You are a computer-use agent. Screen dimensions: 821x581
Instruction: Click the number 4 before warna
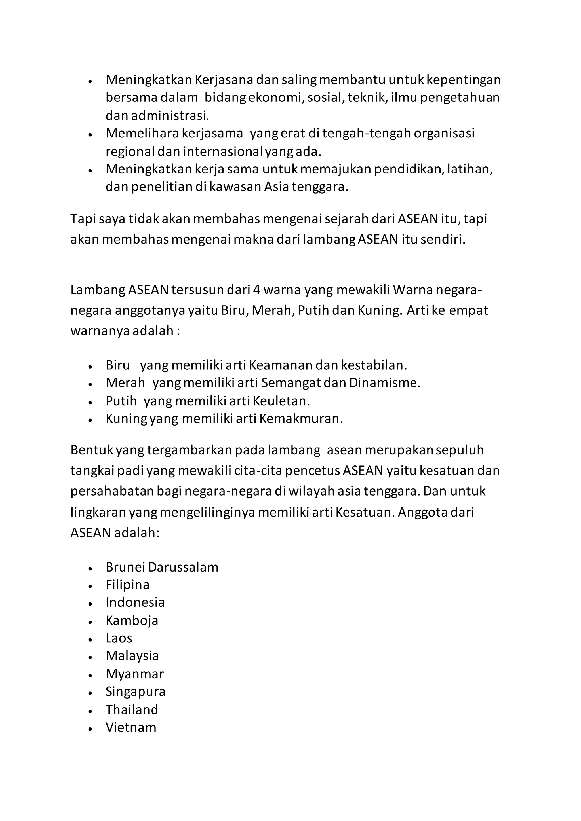256,290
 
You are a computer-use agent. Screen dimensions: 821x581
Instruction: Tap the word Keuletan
281,401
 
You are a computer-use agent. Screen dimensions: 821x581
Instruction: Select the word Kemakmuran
301,418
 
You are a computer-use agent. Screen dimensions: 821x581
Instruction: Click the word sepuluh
460,450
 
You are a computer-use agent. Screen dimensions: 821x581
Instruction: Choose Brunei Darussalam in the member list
162,567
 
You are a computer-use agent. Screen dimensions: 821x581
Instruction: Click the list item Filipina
127,585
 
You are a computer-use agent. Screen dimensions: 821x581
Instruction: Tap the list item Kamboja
132,620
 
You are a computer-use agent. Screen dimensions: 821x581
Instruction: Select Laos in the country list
119,638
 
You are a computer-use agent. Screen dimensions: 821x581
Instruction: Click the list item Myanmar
134,674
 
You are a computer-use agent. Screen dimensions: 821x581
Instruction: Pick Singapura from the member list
135,692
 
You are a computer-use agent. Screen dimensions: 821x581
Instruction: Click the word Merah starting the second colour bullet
125,383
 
